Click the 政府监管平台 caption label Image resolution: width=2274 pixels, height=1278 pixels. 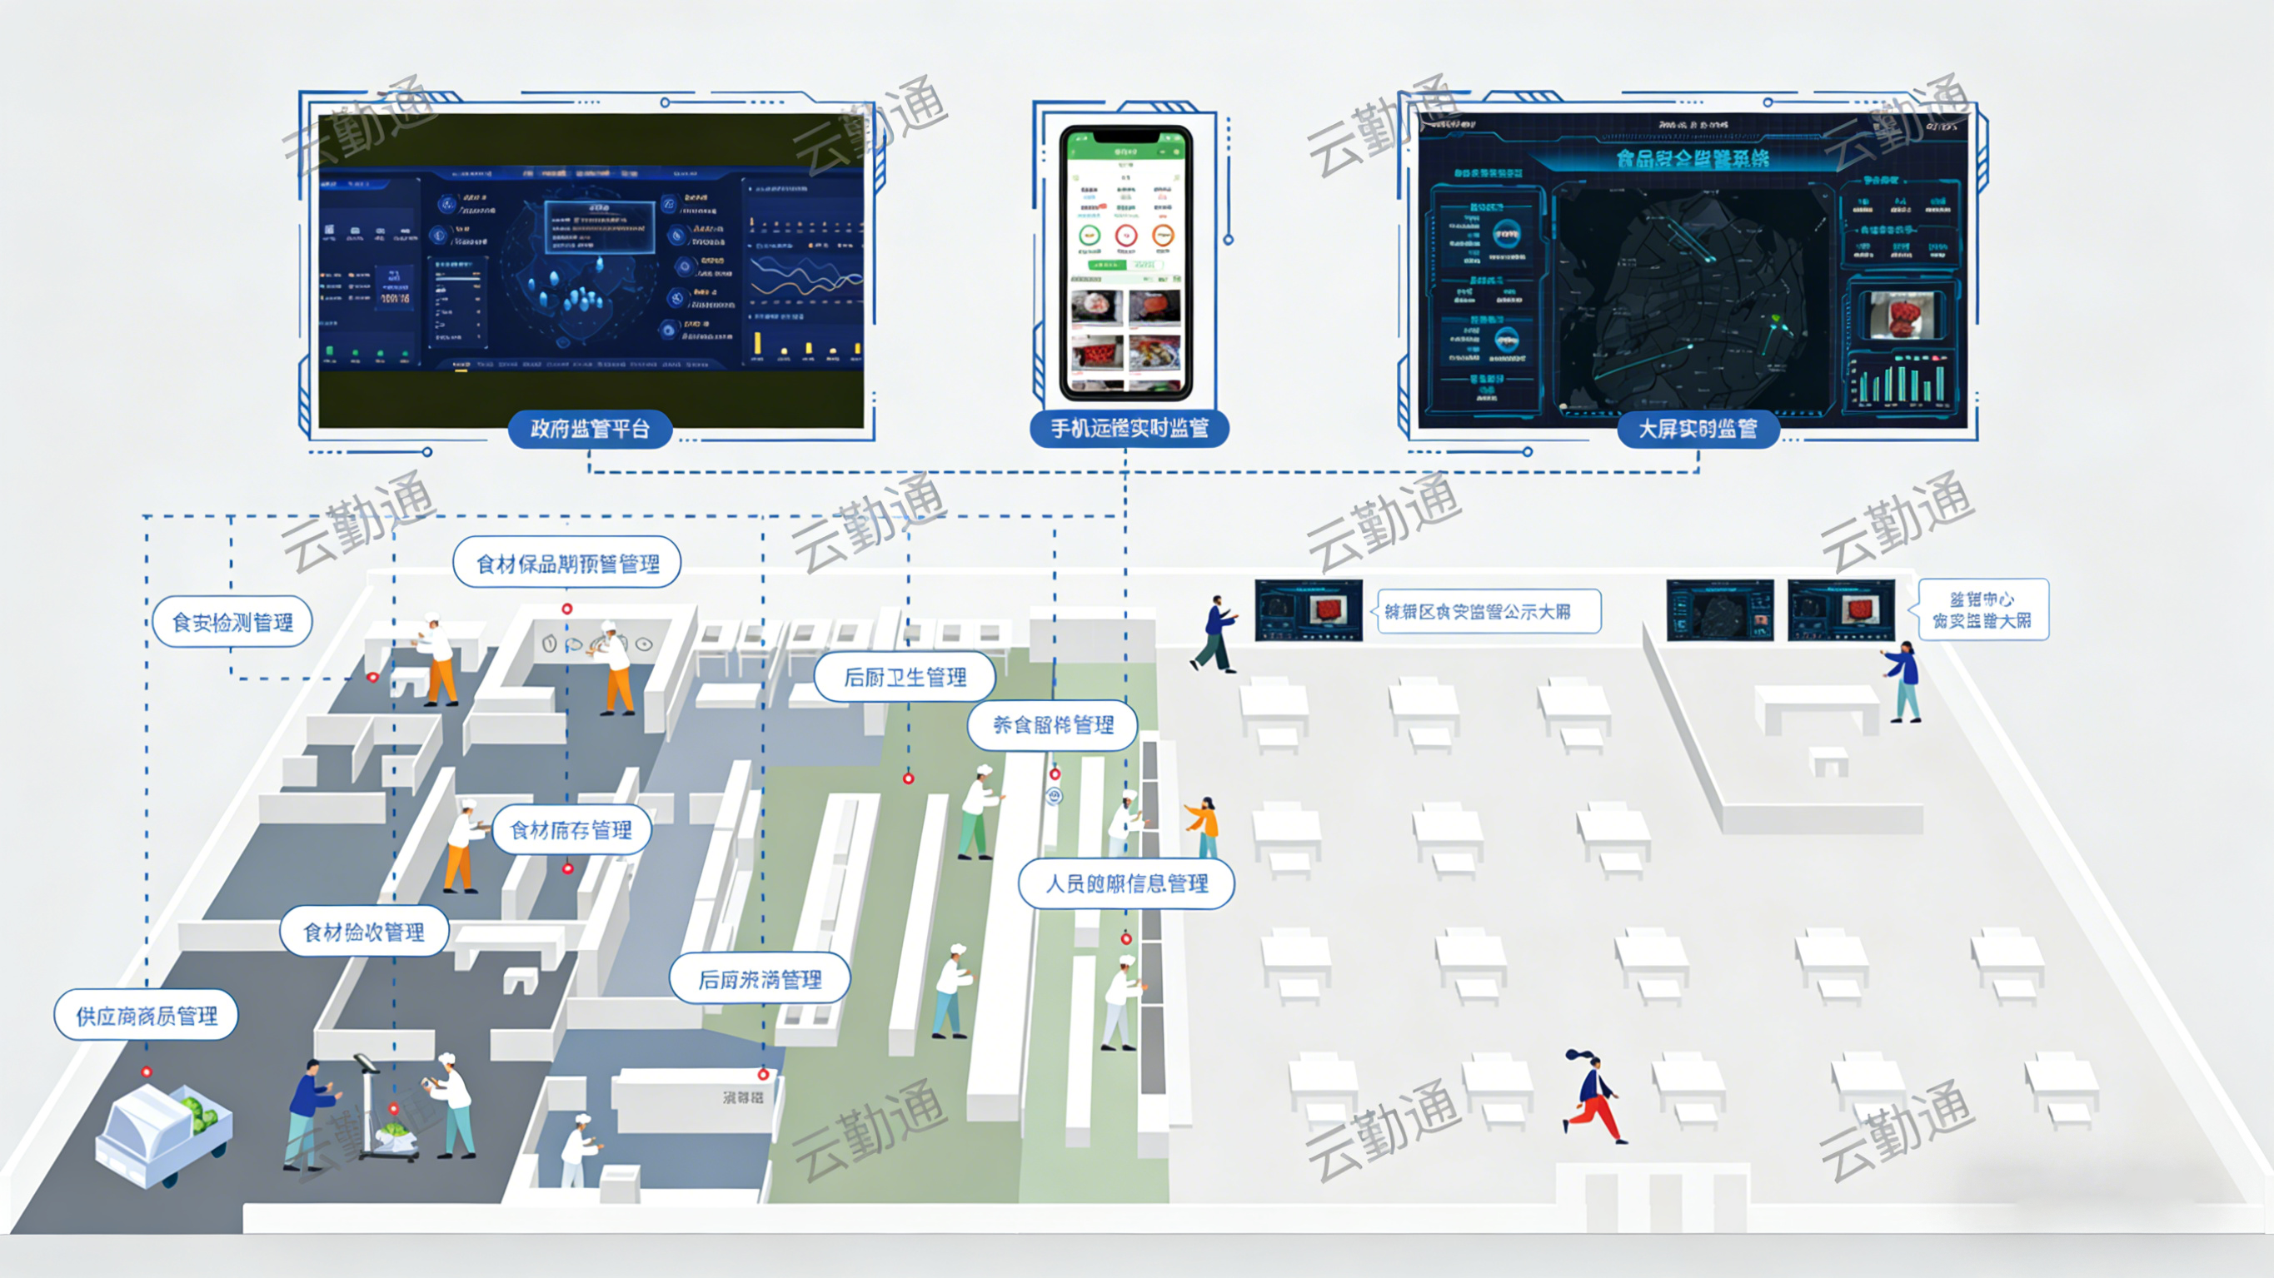click(x=590, y=429)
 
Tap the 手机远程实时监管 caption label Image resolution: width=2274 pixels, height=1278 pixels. click(x=1129, y=429)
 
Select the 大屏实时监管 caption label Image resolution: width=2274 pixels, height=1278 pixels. click(x=1697, y=429)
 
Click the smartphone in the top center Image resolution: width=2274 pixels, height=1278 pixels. click(x=1125, y=263)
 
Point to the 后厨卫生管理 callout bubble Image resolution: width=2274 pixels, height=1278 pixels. click(x=905, y=677)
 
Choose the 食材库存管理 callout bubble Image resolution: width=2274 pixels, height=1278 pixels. click(x=571, y=829)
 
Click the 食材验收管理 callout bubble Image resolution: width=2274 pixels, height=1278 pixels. click(x=364, y=932)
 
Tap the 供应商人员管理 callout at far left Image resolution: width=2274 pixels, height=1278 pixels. click(x=147, y=1016)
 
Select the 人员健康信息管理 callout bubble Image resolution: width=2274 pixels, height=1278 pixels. click(x=1126, y=883)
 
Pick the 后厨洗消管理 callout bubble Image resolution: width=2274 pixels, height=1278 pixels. click(x=759, y=979)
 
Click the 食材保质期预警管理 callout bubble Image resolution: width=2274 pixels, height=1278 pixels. click(x=567, y=563)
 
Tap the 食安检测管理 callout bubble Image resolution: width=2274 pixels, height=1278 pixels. click(x=232, y=622)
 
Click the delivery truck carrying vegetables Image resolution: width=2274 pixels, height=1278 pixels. click(x=163, y=1134)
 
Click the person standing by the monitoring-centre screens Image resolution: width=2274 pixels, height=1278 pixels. click(x=1902, y=682)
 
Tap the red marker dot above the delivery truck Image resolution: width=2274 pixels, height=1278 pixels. click(x=147, y=1072)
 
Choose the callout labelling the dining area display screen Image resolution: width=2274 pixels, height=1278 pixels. click(x=1488, y=612)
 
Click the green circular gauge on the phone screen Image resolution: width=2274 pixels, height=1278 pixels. click(x=1090, y=236)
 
